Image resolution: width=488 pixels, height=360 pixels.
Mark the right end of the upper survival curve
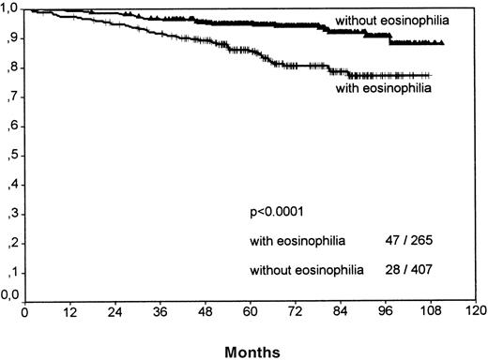[x=442, y=43]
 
